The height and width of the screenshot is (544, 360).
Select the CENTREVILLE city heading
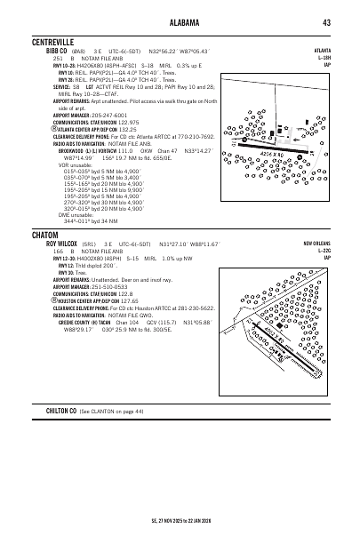(x=51, y=41)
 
